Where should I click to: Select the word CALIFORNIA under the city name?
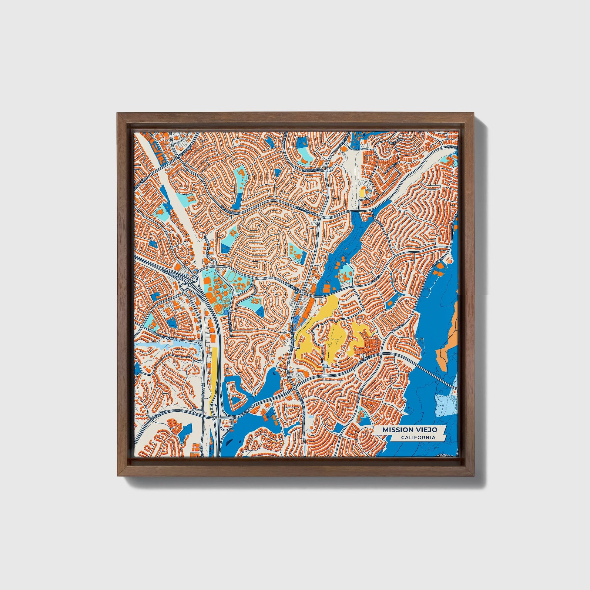coord(418,437)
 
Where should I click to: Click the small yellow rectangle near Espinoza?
coord(363,193)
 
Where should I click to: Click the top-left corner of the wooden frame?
coord(118,113)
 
